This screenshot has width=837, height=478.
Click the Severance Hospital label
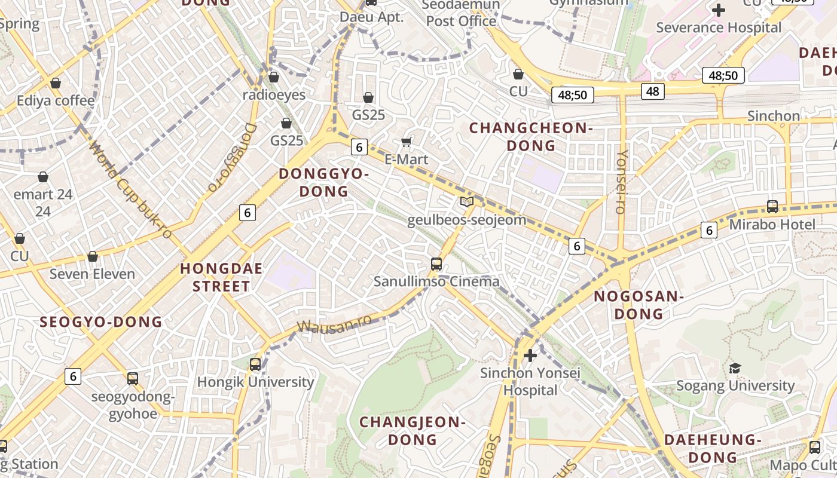719,27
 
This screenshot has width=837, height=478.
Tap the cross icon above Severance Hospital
719,10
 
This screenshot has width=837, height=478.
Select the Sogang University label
735,385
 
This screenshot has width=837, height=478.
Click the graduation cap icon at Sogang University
735,368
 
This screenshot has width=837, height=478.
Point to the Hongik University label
255,382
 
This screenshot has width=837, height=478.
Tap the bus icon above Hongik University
255,364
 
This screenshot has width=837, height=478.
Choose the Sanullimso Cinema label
436,281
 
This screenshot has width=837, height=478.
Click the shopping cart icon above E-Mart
407,142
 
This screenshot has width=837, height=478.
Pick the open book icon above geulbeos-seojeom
467,202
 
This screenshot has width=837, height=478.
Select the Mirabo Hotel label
772,225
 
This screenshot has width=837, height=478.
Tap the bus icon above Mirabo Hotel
772,207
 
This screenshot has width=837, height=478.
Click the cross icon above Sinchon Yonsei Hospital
530,356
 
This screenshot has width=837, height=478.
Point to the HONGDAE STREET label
221,277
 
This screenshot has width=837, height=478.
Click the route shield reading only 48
652,91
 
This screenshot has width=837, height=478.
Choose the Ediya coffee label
56,100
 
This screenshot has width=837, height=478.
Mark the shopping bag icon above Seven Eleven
93,257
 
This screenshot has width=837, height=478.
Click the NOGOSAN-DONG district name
639,305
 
